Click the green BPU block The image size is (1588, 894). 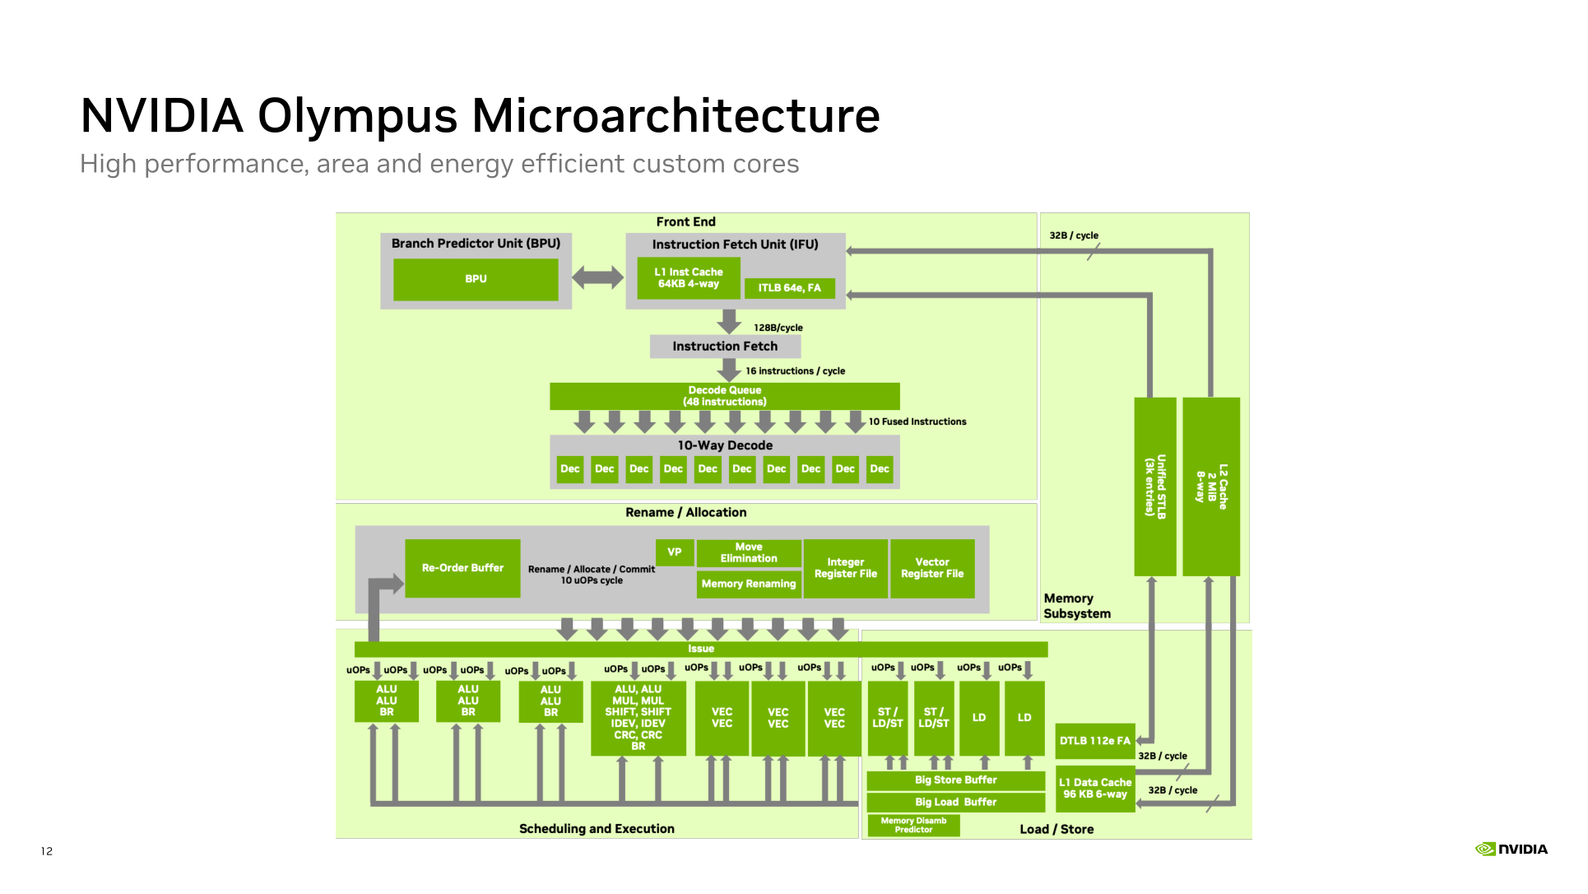tap(476, 279)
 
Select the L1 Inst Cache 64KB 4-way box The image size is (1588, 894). tap(689, 278)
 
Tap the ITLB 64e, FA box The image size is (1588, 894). tap(790, 288)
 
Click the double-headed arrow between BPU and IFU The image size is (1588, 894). tap(598, 277)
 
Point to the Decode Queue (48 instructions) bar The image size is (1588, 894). tap(725, 396)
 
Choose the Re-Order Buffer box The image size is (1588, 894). tap(462, 568)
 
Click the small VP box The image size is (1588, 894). tap(675, 552)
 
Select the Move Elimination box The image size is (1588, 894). tap(749, 553)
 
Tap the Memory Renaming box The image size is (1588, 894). tap(749, 584)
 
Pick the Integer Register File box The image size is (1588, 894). tap(846, 568)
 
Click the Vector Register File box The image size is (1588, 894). tap(932, 568)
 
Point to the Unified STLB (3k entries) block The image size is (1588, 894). tap(1155, 487)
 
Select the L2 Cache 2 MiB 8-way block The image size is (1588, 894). tap(1211, 487)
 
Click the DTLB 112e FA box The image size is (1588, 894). tap(1095, 741)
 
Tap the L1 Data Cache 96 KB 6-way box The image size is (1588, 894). tap(1095, 789)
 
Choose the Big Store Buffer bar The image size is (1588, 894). tap(956, 780)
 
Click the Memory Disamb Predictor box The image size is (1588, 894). tap(913, 826)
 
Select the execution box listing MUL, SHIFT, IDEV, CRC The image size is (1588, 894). tap(638, 718)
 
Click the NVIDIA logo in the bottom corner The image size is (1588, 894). tap(1511, 850)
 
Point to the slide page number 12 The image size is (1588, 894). tap(47, 851)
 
